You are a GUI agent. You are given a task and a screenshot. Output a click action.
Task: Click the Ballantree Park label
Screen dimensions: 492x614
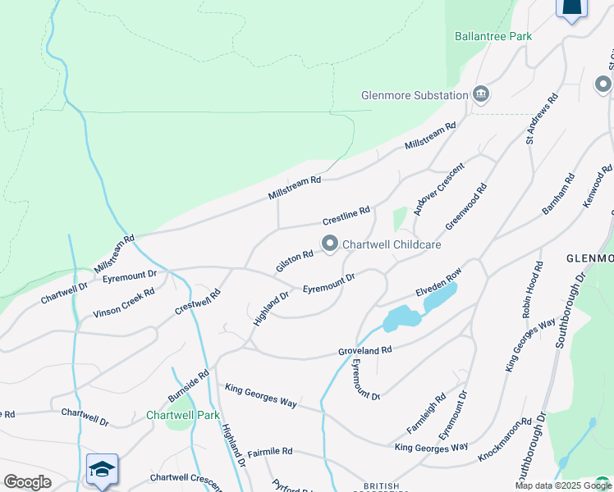[x=493, y=36]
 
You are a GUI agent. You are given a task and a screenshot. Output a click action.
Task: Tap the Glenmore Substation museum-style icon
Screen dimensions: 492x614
[x=481, y=94]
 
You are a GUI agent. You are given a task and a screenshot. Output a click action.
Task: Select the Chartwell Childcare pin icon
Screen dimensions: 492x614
[x=330, y=244]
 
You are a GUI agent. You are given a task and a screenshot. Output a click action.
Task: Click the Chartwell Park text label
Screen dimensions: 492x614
[x=183, y=415]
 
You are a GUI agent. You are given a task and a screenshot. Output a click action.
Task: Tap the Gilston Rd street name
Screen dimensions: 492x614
[x=295, y=262]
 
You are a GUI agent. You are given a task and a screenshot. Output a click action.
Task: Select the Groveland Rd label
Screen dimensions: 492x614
[x=365, y=349]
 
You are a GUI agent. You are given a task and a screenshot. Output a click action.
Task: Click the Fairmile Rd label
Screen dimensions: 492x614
[x=270, y=452]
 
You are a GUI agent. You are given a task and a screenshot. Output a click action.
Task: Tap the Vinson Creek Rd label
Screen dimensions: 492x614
[x=123, y=302]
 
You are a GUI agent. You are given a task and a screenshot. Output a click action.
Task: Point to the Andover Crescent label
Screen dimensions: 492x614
[x=439, y=189]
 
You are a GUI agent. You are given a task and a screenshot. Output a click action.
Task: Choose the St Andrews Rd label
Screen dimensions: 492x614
[x=542, y=119]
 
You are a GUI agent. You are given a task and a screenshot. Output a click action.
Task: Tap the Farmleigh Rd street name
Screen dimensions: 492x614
[x=426, y=415]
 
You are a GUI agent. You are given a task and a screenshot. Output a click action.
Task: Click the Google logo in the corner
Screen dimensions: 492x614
[x=27, y=482]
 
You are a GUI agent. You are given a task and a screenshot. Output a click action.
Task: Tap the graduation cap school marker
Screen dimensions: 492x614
[x=102, y=469]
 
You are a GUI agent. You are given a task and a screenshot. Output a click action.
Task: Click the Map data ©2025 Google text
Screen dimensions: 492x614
[x=562, y=485]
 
